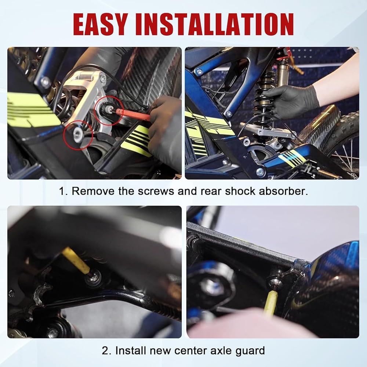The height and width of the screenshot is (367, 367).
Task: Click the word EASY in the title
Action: point(101,24)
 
